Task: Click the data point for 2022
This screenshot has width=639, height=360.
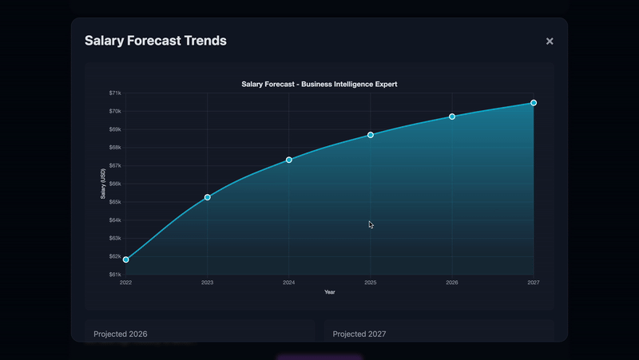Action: point(126,259)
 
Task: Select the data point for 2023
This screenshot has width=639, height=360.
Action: point(208,197)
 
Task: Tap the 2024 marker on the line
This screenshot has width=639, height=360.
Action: point(289,160)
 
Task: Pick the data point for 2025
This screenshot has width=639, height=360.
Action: point(371,135)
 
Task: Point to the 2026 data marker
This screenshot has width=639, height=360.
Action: point(452,117)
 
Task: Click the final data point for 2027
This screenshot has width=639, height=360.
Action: point(534,103)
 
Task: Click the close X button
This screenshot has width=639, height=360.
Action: point(550,42)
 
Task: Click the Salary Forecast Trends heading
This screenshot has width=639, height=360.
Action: point(156,41)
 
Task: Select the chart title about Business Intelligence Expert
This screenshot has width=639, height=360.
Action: point(319,85)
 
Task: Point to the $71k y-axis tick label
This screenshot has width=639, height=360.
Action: point(115,93)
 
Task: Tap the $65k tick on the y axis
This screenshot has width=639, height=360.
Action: point(115,202)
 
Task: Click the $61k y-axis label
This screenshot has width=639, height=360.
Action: point(115,275)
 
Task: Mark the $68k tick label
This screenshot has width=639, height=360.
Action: point(115,148)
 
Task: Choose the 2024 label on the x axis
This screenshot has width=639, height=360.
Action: point(289,283)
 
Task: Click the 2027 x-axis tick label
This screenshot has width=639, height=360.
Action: point(534,283)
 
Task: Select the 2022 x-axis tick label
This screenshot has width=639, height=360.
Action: point(126,283)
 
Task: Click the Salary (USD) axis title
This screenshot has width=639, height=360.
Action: point(103,184)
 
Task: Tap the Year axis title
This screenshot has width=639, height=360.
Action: point(330,292)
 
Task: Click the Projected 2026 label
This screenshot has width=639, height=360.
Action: point(121,334)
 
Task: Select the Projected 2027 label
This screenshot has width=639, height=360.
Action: point(359,334)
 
